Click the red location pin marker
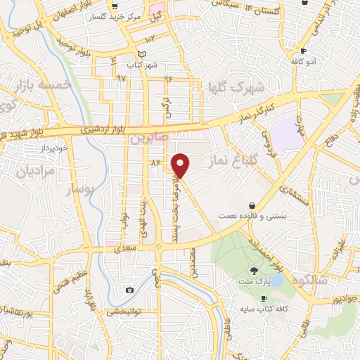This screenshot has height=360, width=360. coord(181,165)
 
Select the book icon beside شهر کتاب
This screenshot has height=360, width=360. coord(142,54)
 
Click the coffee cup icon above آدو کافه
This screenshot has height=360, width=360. coord(303,51)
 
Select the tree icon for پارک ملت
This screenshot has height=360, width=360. coord(253,269)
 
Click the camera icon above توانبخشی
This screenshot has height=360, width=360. coord(129,290)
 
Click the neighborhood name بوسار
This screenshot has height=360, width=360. coord(79,190)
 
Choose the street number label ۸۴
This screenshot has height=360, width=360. coord(155,162)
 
